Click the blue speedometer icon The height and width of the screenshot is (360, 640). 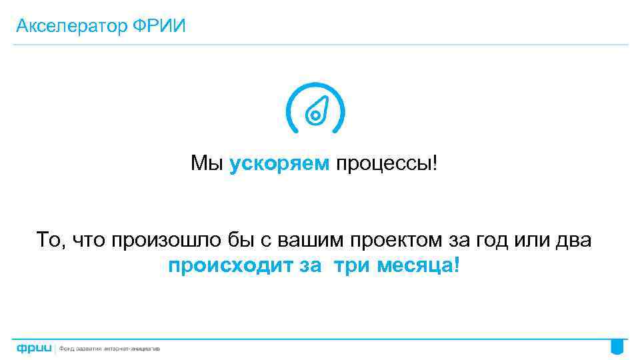[315, 109]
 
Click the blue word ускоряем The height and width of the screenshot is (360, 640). [279, 163]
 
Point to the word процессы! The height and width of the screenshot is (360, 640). [387, 163]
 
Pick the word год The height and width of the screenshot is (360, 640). [491, 240]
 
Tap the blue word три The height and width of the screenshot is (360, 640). [352, 266]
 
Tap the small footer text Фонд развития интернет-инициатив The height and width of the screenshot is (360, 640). [110, 348]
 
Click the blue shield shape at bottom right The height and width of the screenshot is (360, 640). [617, 346]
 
